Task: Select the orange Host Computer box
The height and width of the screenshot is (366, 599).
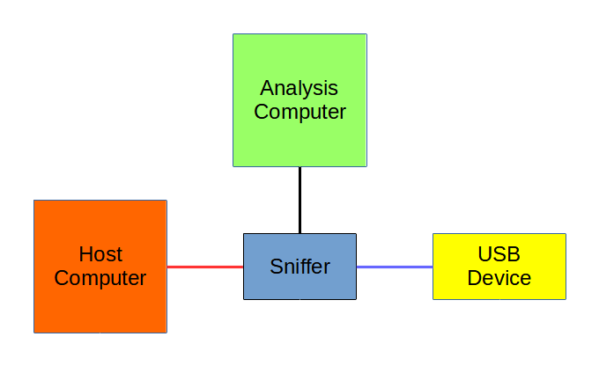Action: (x=100, y=304)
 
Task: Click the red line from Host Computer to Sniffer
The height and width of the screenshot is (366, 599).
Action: (x=204, y=267)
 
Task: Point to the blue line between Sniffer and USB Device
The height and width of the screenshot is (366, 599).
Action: (x=394, y=267)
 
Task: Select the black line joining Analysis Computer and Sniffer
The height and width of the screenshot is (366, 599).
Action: (x=299, y=200)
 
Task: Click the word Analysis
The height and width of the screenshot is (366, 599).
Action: (x=299, y=89)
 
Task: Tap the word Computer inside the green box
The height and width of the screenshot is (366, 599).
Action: (x=299, y=113)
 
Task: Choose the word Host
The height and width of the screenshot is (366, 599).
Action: (x=100, y=255)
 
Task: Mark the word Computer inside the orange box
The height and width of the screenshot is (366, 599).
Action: (x=100, y=279)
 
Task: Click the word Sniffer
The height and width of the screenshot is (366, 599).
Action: (x=300, y=267)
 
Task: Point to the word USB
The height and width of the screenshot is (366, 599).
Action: (x=499, y=255)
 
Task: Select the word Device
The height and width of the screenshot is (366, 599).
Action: (x=499, y=279)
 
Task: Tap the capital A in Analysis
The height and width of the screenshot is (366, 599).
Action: (x=267, y=89)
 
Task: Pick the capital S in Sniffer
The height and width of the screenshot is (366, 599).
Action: (x=277, y=267)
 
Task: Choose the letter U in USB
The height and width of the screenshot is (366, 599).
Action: (x=484, y=255)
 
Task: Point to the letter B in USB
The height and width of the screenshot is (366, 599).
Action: (x=514, y=255)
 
